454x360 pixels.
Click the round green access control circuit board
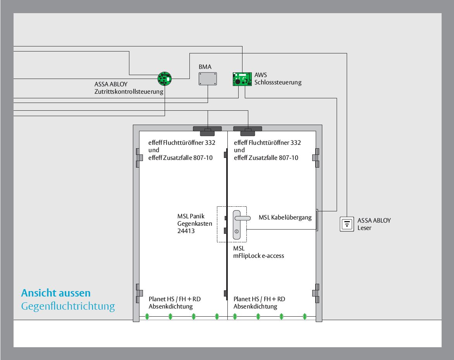pos(165,79)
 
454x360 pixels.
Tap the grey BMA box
pos(208,79)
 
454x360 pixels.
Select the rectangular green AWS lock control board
pos(242,79)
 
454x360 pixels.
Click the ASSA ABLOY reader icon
pos(347,224)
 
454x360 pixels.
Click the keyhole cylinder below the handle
pos(237,231)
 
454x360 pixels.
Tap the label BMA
pos(205,67)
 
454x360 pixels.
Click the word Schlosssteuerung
pos(278,82)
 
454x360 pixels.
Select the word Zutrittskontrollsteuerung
pos(129,92)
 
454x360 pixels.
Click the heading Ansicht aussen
pos(56,293)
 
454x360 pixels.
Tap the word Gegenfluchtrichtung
pos(68,306)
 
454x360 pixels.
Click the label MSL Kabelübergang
pos(285,217)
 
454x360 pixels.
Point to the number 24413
pos(186,231)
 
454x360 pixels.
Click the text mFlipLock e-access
pos(258,256)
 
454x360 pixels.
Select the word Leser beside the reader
pos(364,228)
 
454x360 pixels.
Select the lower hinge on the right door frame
pos(316,293)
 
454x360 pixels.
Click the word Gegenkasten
pos(195,224)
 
